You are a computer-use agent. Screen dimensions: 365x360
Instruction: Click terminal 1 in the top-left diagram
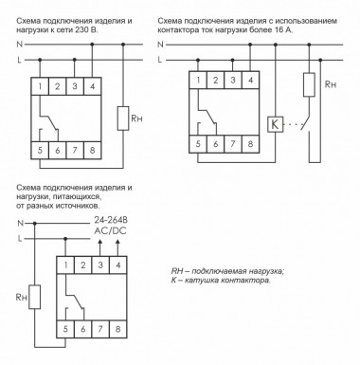[x=40, y=87]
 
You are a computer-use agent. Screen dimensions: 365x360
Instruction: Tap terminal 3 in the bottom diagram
[x=100, y=266]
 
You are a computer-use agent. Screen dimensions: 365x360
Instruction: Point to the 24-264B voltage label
[x=107, y=220]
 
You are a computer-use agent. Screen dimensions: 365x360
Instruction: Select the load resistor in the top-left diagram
[x=122, y=119]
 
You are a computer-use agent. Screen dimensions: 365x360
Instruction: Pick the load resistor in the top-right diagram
[x=306, y=84]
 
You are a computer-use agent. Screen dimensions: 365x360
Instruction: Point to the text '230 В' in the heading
[x=107, y=30]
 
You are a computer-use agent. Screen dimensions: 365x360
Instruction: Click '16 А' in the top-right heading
[x=297, y=30]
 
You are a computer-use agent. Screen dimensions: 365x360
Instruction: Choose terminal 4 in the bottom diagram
[x=117, y=266]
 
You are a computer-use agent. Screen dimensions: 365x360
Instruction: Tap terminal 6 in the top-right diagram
[x=215, y=145]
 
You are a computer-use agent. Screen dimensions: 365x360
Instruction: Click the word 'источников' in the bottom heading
[x=81, y=204]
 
